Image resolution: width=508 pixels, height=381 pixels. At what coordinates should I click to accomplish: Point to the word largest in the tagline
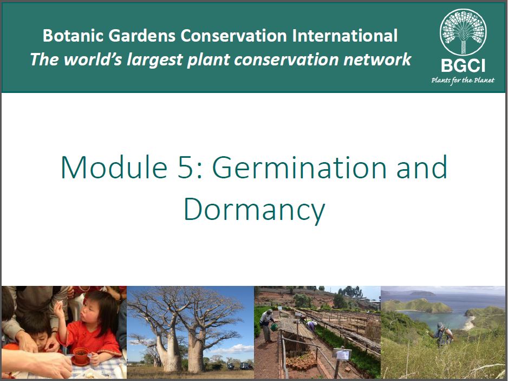pos(154,60)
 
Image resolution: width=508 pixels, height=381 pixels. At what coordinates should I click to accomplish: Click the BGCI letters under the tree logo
pos(463,65)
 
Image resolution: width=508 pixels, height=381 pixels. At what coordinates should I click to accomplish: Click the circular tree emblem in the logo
pos(463,32)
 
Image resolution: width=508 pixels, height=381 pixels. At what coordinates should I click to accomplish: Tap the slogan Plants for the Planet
pos(463,80)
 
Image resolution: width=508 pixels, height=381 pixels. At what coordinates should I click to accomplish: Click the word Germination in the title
pos(299,167)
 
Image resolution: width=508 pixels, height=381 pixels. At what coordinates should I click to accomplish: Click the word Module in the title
pos(114,167)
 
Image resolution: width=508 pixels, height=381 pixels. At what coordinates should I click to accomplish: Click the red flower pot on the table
pos(81,355)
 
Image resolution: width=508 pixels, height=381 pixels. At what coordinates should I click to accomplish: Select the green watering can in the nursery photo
pos(274,327)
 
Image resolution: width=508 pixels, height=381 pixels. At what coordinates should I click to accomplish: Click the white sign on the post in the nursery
pos(342,354)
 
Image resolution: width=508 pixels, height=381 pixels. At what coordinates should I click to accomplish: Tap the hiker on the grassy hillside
pos(442,335)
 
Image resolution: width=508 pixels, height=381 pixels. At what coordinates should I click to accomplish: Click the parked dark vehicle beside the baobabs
pos(246,366)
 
